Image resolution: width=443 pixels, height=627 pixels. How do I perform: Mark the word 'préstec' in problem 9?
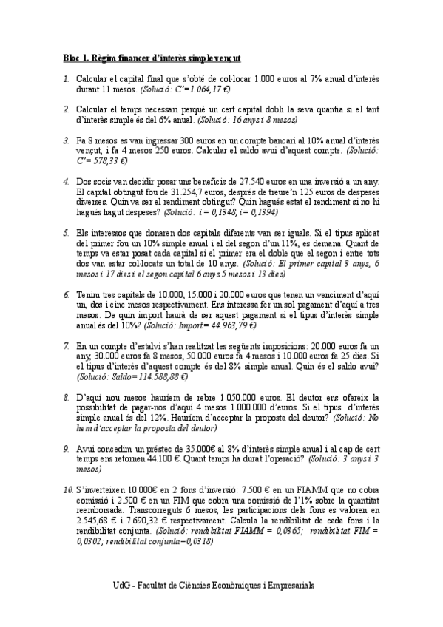tap(165, 447)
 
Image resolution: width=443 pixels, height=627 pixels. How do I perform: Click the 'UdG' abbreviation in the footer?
tap(122, 584)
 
